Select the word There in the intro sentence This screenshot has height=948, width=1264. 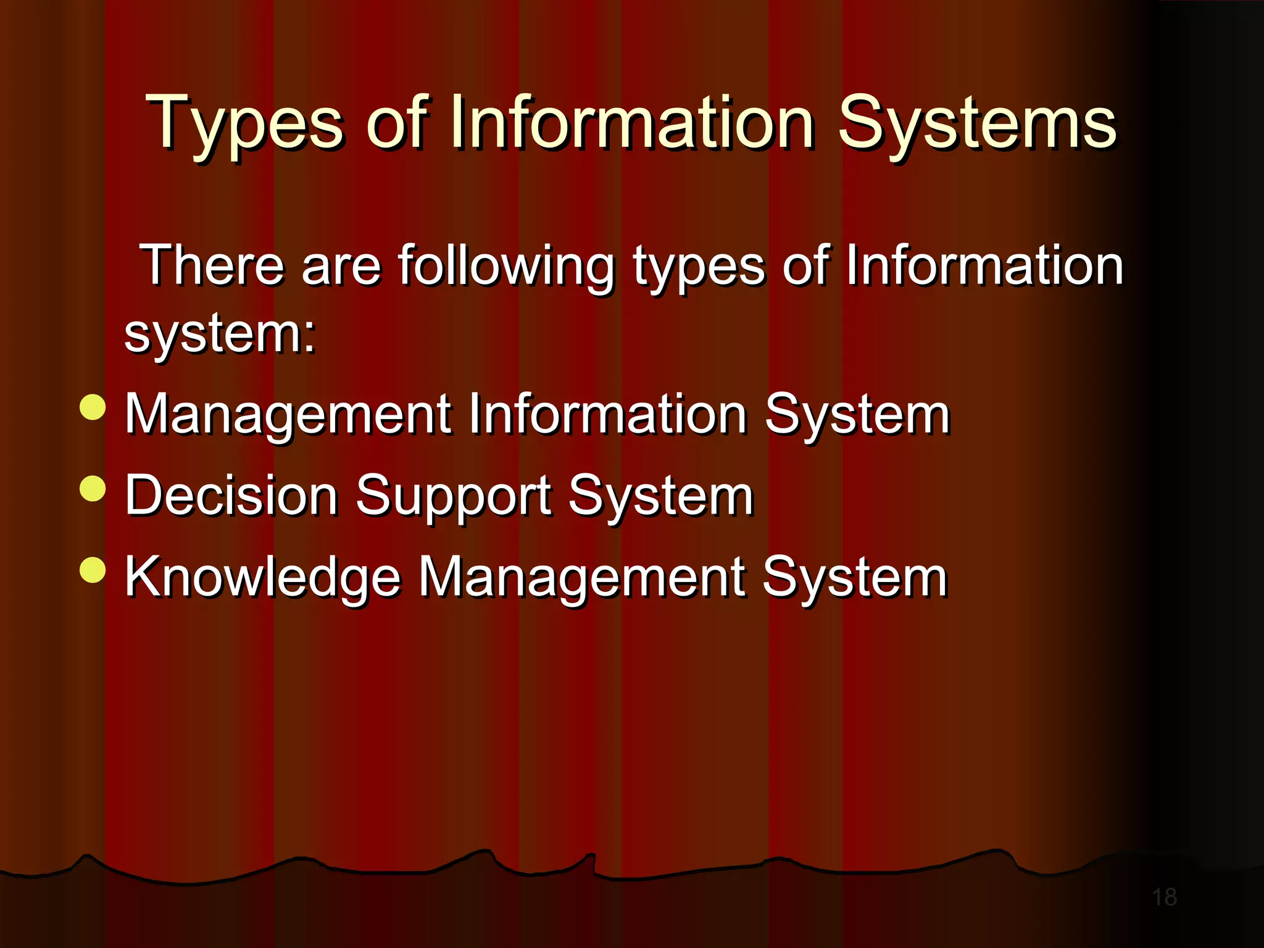click(x=212, y=266)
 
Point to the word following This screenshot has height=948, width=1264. click(x=506, y=267)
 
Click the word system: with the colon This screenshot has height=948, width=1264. click(x=220, y=335)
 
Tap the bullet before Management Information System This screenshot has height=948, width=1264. click(x=93, y=407)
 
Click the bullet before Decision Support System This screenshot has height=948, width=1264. click(x=93, y=488)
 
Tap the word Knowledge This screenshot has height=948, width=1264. click(x=263, y=578)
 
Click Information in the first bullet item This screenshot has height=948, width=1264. click(x=608, y=415)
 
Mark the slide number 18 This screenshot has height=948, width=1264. click(x=1165, y=897)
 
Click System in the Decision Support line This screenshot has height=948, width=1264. click(x=661, y=497)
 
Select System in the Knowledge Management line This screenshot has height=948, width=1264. click(x=855, y=578)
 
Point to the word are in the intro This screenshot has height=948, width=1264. click(x=341, y=267)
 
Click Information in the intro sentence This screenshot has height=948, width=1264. click(x=984, y=266)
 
